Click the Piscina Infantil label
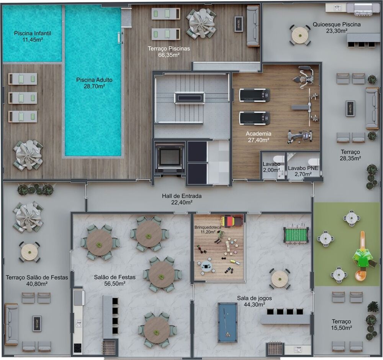33,33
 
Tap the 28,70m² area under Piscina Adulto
94,87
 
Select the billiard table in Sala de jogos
228,322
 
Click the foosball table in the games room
296,235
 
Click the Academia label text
259,134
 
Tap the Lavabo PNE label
303,168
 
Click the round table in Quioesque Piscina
300,35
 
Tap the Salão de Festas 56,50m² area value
110,283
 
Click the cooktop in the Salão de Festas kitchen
78,347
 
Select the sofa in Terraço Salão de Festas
11,324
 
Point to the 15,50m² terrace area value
342,328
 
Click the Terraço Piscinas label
169,49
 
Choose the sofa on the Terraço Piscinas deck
253,26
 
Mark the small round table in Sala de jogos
280,278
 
